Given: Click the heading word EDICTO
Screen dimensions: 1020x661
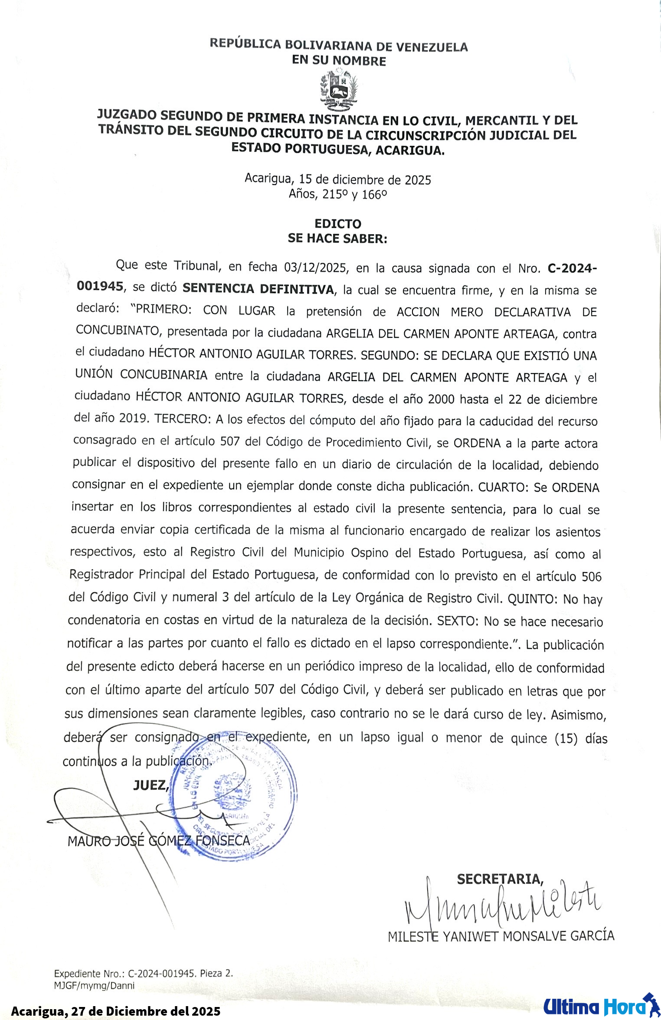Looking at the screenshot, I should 338,224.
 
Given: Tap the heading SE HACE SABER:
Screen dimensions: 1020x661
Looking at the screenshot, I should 337,238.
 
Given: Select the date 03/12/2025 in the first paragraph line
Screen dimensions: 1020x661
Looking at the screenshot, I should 316,267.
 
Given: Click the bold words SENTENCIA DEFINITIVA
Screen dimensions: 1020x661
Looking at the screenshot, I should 259,289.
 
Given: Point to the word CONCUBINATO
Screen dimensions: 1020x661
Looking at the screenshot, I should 118,330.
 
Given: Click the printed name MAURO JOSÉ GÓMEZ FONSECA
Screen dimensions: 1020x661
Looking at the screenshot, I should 159,841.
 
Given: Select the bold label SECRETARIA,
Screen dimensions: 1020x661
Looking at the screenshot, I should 500,879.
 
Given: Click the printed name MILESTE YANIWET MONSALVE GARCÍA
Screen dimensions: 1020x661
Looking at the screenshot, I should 501,936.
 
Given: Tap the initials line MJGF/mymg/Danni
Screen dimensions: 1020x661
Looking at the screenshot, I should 94,985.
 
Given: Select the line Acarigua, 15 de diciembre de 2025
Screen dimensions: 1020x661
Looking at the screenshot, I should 338,179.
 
